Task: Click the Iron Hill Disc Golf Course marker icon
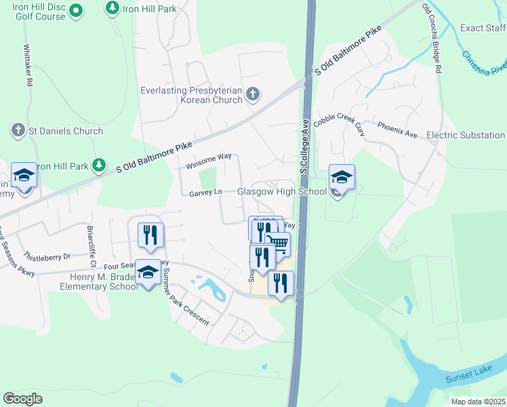75,10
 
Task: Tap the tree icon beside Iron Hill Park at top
112,9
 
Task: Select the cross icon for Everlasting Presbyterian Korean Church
252,94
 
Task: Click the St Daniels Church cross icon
18,130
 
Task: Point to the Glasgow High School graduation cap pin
341,179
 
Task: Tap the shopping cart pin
277,243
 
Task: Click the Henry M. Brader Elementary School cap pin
148,273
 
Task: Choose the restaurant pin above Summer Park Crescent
150,236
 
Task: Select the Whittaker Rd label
28,65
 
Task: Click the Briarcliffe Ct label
90,247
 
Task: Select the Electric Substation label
466,135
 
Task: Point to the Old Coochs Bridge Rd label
432,38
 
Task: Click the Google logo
22,399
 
